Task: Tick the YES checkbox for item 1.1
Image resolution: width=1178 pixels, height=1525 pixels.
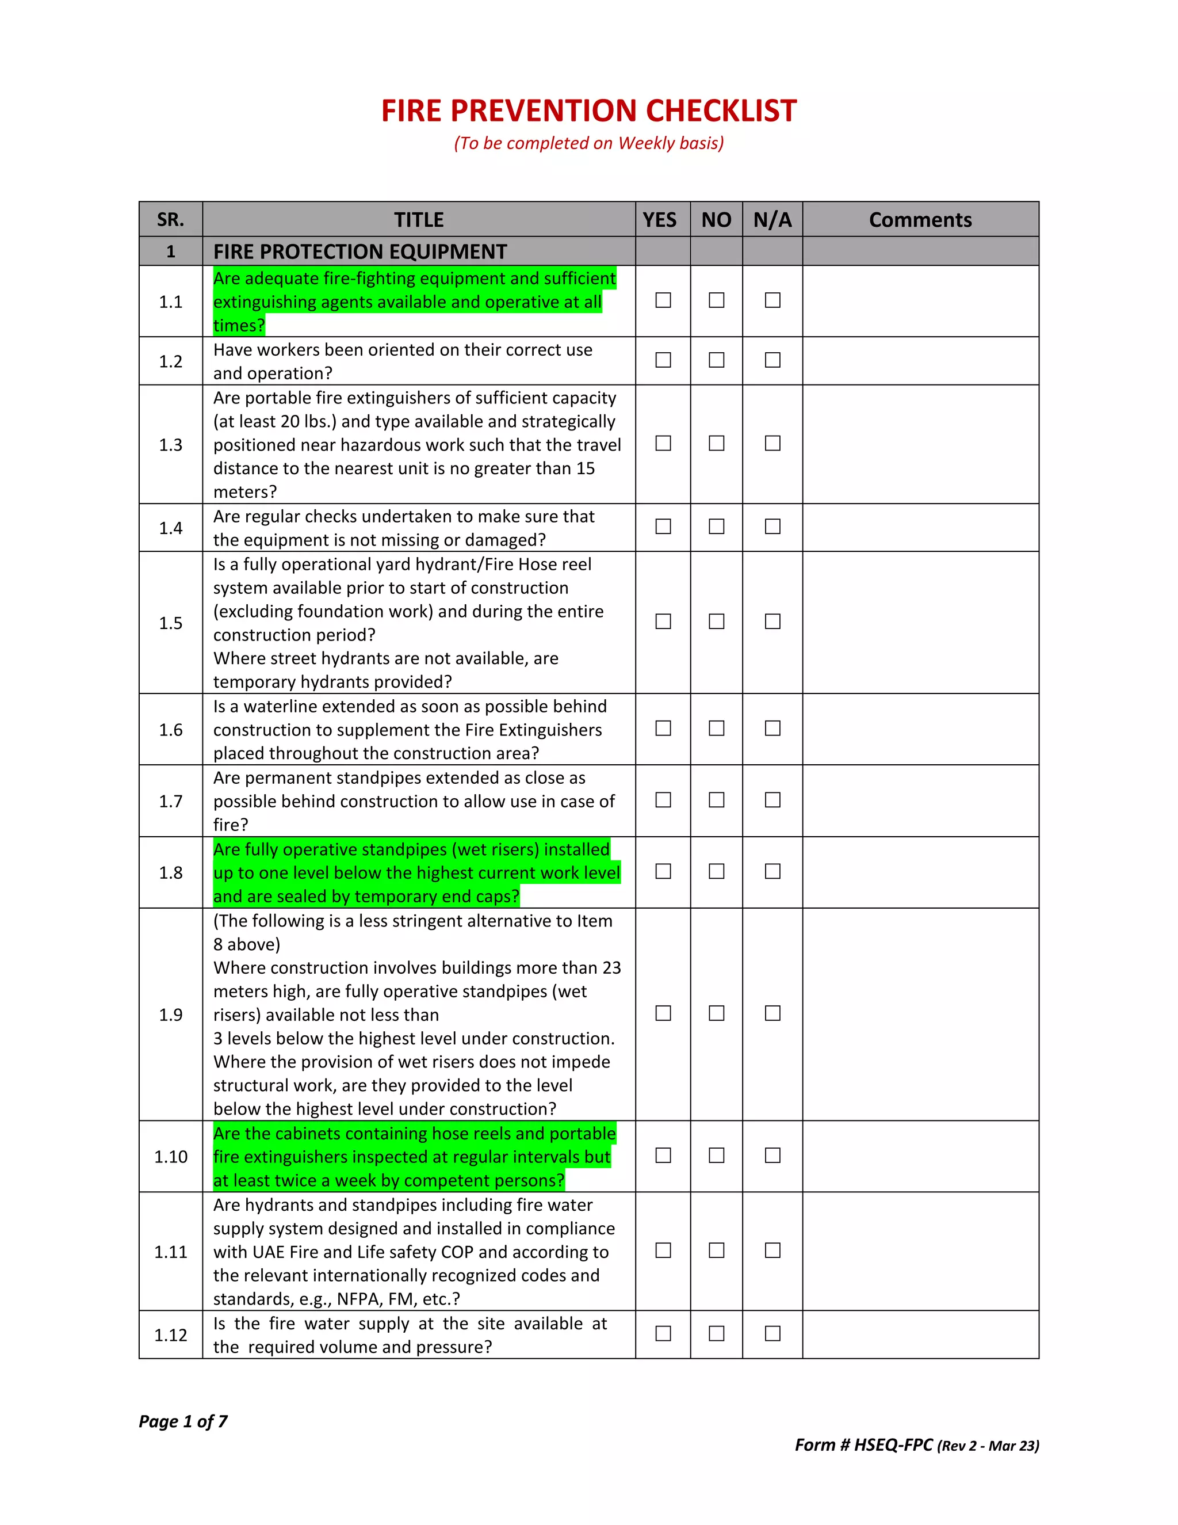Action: (x=663, y=300)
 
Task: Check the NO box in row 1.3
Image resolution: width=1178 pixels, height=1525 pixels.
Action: (x=716, y=443)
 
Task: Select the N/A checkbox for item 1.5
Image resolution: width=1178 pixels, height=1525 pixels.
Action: (x=772, y=622)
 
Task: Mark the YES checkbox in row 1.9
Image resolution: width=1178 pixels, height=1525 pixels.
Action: (x=663, y=1013)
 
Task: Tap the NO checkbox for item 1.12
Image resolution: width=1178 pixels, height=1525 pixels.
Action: (x=716, y=1334)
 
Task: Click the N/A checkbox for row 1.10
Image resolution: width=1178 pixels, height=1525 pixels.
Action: (x=772, y=1156)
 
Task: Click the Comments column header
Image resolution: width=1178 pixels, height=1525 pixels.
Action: (x=920, y=220)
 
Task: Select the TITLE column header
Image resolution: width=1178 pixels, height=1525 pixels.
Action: (x=419, y=220)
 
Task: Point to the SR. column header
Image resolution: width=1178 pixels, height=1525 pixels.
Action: (x=170, y=220)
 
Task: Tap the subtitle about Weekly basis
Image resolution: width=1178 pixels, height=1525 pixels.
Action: (x=589, y=143)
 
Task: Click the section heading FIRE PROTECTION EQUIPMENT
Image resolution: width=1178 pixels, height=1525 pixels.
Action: (x=360, y=251)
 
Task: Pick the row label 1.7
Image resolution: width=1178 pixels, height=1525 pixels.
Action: (x=170, y=801)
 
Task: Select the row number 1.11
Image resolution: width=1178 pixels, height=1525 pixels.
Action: (x=170, y=1251)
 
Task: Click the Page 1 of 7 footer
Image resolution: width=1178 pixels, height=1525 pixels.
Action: (x=183, y=1421)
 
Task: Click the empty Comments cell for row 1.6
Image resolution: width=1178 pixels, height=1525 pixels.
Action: (x=920, y=729)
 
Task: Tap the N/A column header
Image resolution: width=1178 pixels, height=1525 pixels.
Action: (x=772, y=220)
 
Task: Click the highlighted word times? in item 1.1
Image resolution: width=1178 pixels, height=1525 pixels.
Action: (x=239, y=325)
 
